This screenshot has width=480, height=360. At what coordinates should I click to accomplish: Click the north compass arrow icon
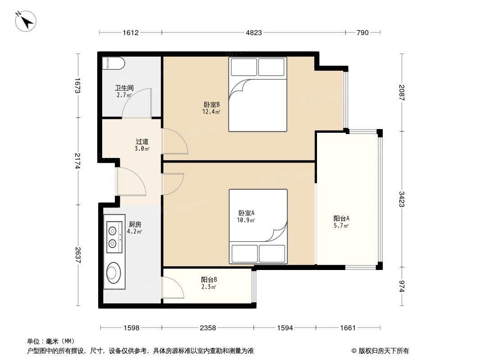click(26, 21)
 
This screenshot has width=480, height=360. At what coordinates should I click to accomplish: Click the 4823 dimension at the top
click(253, 32)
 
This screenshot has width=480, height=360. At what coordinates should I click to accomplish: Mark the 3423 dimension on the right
click(401, 199)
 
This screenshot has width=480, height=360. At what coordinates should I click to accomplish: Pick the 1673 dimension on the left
click(77, 85)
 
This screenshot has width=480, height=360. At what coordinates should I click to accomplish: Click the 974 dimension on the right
click(401, 286)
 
